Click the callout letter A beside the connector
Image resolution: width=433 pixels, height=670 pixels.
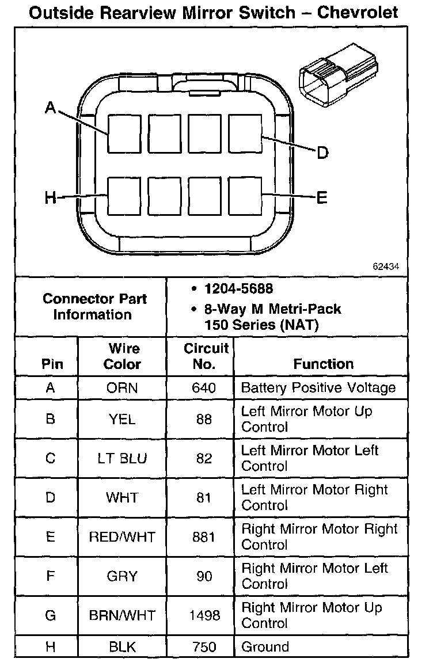click(x=51, y=108)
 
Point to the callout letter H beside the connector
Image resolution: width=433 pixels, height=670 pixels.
click(x=51, y=199)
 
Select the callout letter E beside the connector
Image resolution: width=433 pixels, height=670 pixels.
click(x=322, y=198)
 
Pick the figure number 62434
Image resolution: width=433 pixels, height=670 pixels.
click(x=387, y=267)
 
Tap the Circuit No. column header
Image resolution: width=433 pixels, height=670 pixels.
click(x=206, y=356)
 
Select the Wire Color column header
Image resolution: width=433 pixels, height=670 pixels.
click(x=123, y=356)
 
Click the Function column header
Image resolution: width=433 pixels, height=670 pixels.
click(x=323, y=364)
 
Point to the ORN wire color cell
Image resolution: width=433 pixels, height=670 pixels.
click(x=122, y=388)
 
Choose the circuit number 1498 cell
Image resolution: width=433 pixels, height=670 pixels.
click(x=204, y=616)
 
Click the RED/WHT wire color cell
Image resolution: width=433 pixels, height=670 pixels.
click(x=122, y=537)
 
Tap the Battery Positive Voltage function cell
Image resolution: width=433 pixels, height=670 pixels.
click(x=318, y=387)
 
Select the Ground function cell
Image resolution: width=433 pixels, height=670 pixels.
click(x=265, y=646)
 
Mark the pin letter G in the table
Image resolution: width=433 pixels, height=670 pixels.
click(x=51, y=616)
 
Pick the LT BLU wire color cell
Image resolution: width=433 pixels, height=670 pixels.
click(x=122, y=459)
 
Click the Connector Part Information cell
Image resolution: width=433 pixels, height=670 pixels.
click(x=94, y=307)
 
